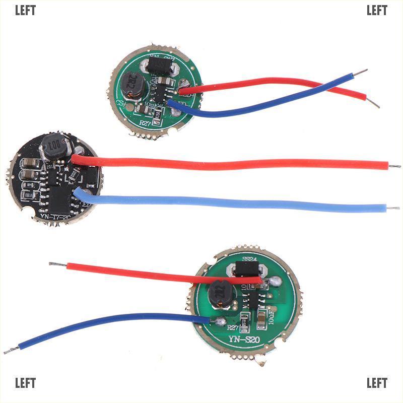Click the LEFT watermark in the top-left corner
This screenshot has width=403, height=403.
click(25, 11)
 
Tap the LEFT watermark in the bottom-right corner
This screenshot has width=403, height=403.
click(377, 383)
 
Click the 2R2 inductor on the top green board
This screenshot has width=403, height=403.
click(133, 85)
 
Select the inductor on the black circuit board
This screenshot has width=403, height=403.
click(54, 147)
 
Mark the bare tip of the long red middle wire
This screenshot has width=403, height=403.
click(395, 165)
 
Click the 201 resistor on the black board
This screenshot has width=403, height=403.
click(50, 167)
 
